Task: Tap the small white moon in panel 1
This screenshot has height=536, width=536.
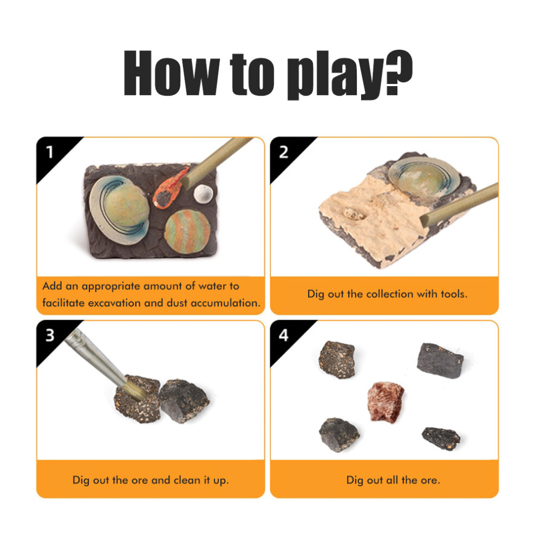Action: (x=204, y=194)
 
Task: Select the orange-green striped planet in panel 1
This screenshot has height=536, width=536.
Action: (x=187, y=231)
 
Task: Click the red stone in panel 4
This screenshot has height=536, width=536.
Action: (x=385, y=402)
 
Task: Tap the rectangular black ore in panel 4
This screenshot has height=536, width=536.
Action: (x=440, y=361)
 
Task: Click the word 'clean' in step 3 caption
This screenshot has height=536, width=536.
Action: (x=187, y=480)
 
